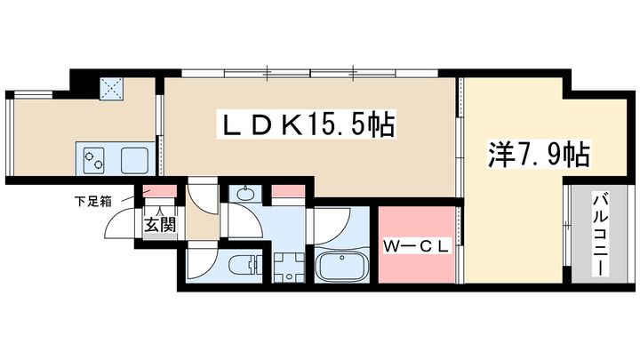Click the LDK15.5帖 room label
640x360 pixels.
pyautogui.click(x=306, y=124)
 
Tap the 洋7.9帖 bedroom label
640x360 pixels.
pyautogui.click(x=539, y=155)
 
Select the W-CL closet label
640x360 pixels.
pyautogui.click(x=416, y=246)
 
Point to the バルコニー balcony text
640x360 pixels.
pyautogui.click(x=600, y=235)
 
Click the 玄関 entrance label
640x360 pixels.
pyautogui.click(x=160, y=224)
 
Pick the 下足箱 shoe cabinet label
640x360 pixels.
pyautogui.click(x=93, y=201)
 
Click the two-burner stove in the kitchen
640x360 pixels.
pyautogui.click(x=93, y=160)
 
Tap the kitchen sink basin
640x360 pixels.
pyautogui.click(x=134, y=160)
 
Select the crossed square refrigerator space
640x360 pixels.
pyautogui.click(x=111, y=89)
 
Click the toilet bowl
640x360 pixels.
pyautogui.click(x=244, y=266)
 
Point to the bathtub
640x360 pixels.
pyautogui.click(x=342, y=265)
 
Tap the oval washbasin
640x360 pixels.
pyautogui.click(x=244, y=194)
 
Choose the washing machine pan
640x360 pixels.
pyautogui.click(x=289, y=268)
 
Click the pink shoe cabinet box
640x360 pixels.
pyautogui.click(x=159, y=191)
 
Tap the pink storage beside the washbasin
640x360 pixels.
pyautogui.click(x=288, y=191)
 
